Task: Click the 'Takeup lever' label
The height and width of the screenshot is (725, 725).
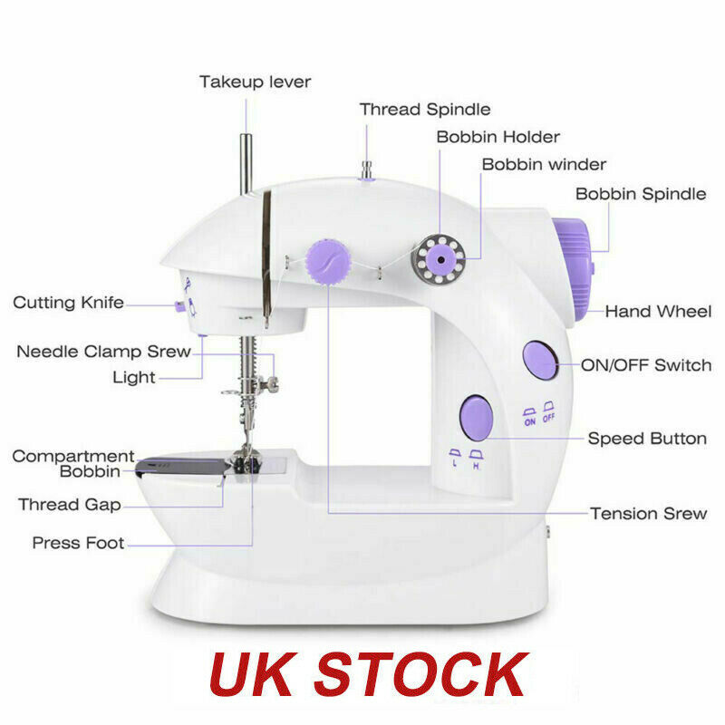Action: point(255,82)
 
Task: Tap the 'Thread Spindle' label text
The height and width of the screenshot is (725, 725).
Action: point(425,110)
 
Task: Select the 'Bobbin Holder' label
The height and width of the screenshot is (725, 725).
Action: point(498,138)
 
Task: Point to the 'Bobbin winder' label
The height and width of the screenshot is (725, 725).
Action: point(544,165)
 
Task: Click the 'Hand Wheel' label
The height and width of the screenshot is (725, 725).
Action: point(658,312)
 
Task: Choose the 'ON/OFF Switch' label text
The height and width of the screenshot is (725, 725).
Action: point(645,366)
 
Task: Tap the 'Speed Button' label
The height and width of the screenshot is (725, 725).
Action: point(647,439)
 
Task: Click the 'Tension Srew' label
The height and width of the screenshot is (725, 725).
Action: point(648,514)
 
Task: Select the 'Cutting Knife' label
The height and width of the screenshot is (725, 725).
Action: point(68,303)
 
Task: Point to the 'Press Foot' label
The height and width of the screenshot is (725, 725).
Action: point(78,544)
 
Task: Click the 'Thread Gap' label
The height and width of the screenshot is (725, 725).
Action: point(73,505)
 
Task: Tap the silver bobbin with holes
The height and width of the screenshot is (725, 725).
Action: point(439,257)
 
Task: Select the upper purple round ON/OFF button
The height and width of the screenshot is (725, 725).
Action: point(541,361)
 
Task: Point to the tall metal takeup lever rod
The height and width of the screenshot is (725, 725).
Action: point(245,163)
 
